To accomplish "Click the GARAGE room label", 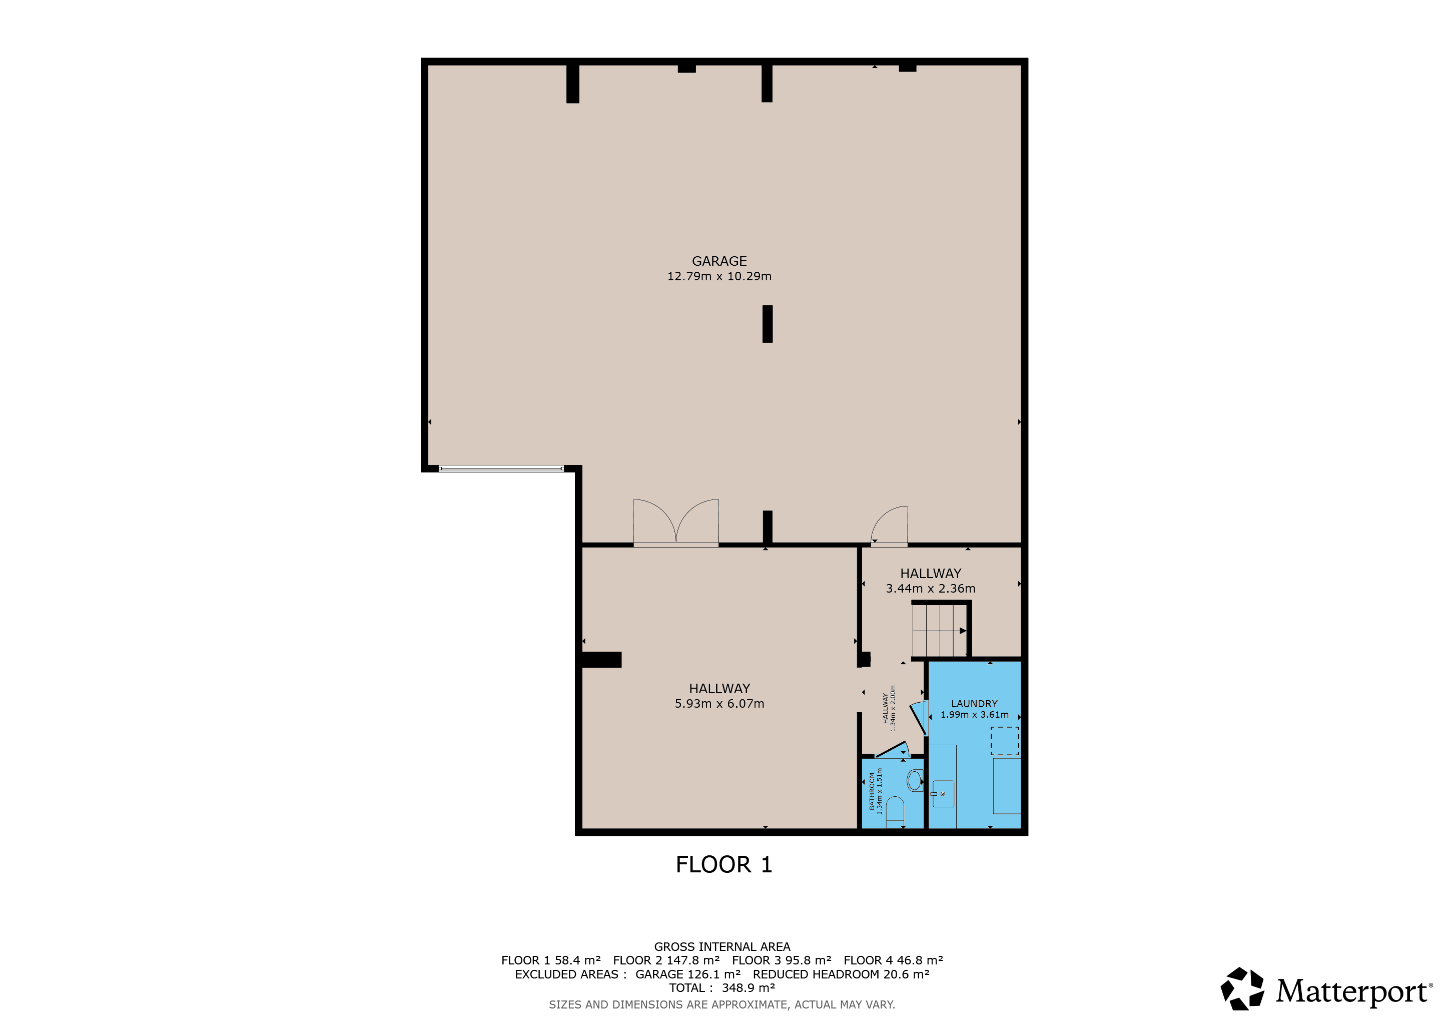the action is coord(719,261).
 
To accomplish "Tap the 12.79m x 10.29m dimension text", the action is coord(719,276).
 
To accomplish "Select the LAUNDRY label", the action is coord(974,704).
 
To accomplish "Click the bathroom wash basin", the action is coord(915,781).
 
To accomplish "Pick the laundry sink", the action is coord(943,794).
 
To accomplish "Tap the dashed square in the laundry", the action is coord(1004,741).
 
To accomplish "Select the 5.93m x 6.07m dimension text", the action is coord(719,703).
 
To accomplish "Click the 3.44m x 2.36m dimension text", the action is coord(930,588).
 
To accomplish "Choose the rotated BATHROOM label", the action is coord(872,791).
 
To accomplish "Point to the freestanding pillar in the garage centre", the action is coord(768,324).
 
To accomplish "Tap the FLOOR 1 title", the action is coord(724,864).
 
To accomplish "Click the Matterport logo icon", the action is coord(1242,989).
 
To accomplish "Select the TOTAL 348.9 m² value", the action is coord(722,988).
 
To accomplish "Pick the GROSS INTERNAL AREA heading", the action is coord(722,947).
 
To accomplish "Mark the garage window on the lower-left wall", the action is coord(501,468).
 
